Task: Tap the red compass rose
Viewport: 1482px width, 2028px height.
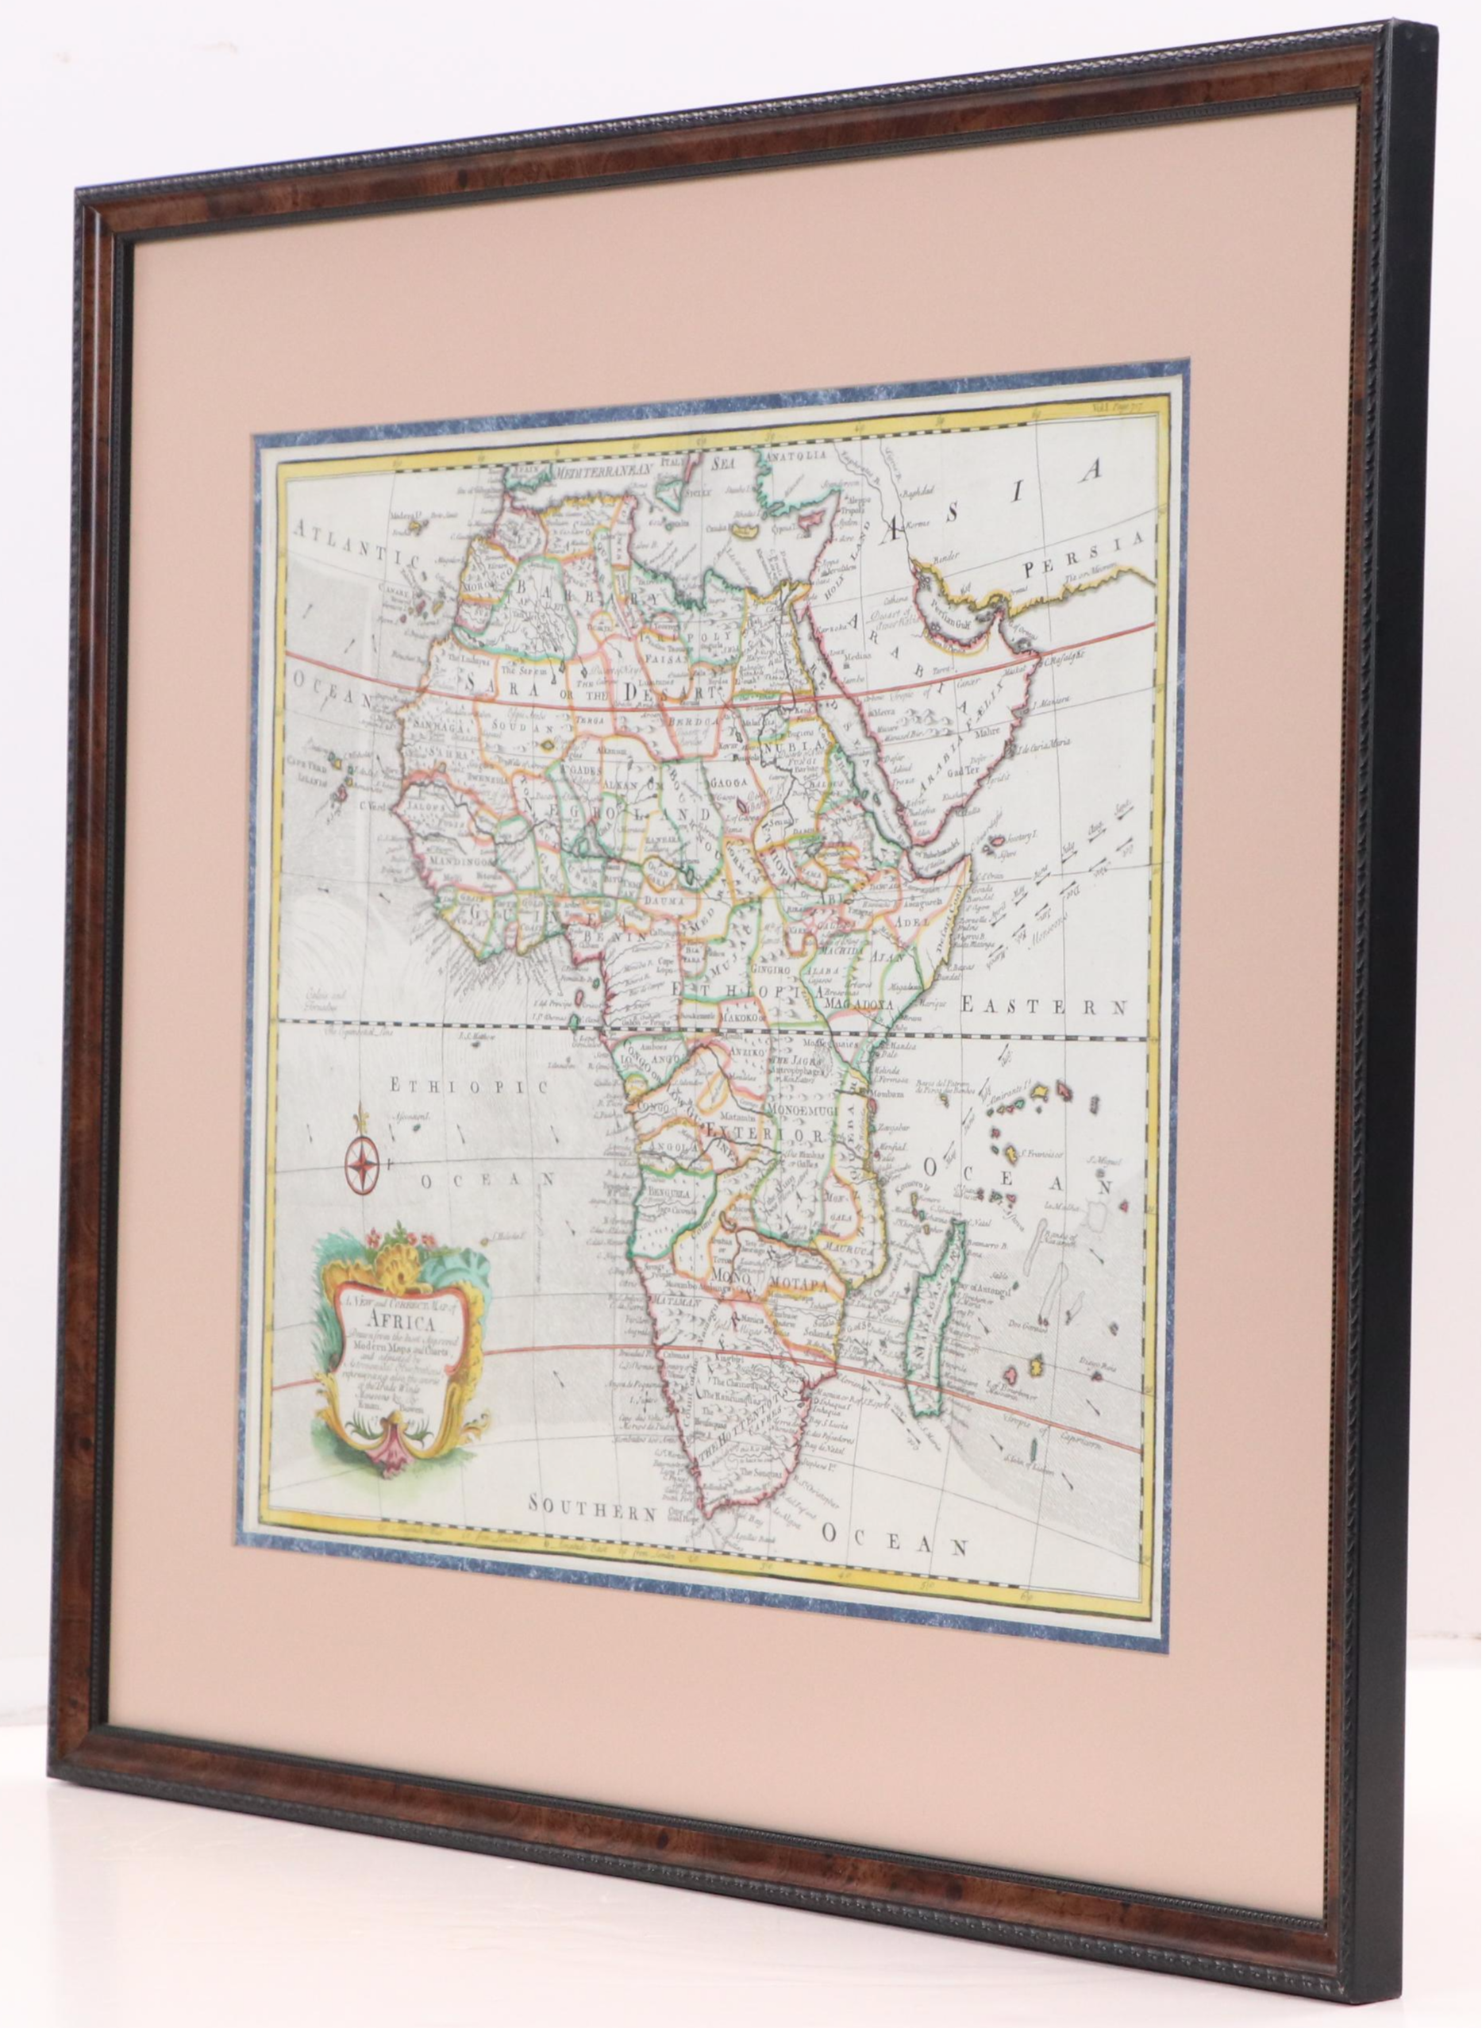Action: pos(361,1165)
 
